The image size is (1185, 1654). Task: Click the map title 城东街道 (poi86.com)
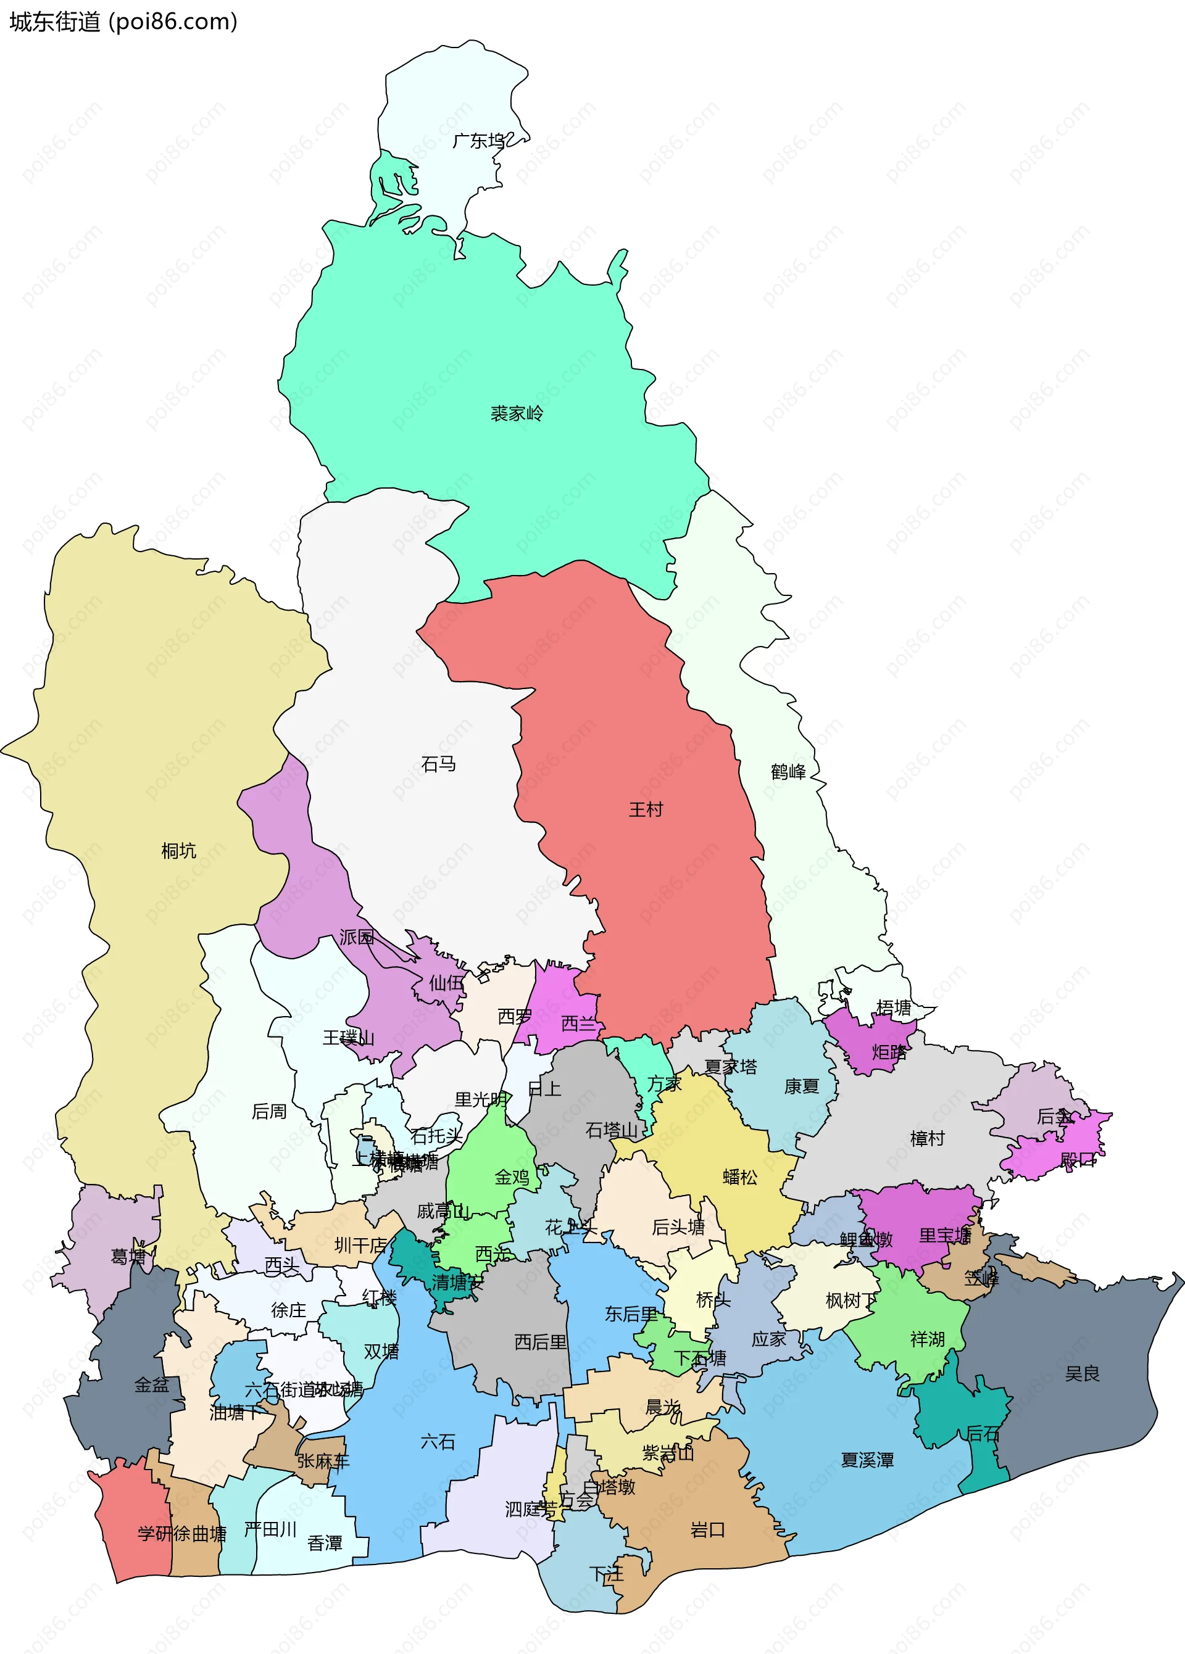(123, 22)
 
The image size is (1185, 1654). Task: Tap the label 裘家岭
(517, 413)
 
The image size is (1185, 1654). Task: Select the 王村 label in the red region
(646, 809)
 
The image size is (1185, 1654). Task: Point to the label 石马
(439, 764)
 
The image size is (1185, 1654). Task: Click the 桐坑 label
(179, 850)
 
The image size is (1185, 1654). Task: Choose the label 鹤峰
(788, 772)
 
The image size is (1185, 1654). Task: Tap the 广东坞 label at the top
(479, 141)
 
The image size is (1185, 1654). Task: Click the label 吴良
(1081, 1374)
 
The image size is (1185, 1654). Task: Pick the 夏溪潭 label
(867, 1460)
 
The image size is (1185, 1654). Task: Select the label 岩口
(708, 1530)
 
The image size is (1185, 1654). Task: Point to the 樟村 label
(928, 1138)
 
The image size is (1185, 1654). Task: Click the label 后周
(269, 1112)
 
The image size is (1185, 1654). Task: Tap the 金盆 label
(152, 1385)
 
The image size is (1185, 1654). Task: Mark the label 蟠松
(740, 1177)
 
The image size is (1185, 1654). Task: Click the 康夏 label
(801, 1086)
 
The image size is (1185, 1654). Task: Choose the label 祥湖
(928, 1339)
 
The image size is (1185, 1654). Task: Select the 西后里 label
(540, 1342)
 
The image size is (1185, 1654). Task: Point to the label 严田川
(270, 1529)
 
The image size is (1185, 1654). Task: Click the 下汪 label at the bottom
(606, 1574)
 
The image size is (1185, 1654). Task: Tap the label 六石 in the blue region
(438, 1442)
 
